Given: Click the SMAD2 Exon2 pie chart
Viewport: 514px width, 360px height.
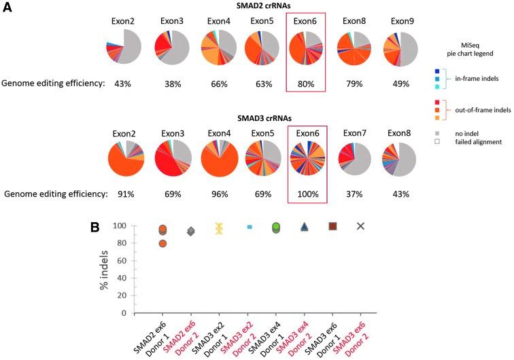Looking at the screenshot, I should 124,48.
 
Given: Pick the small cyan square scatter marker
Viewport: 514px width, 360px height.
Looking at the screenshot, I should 249,226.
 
